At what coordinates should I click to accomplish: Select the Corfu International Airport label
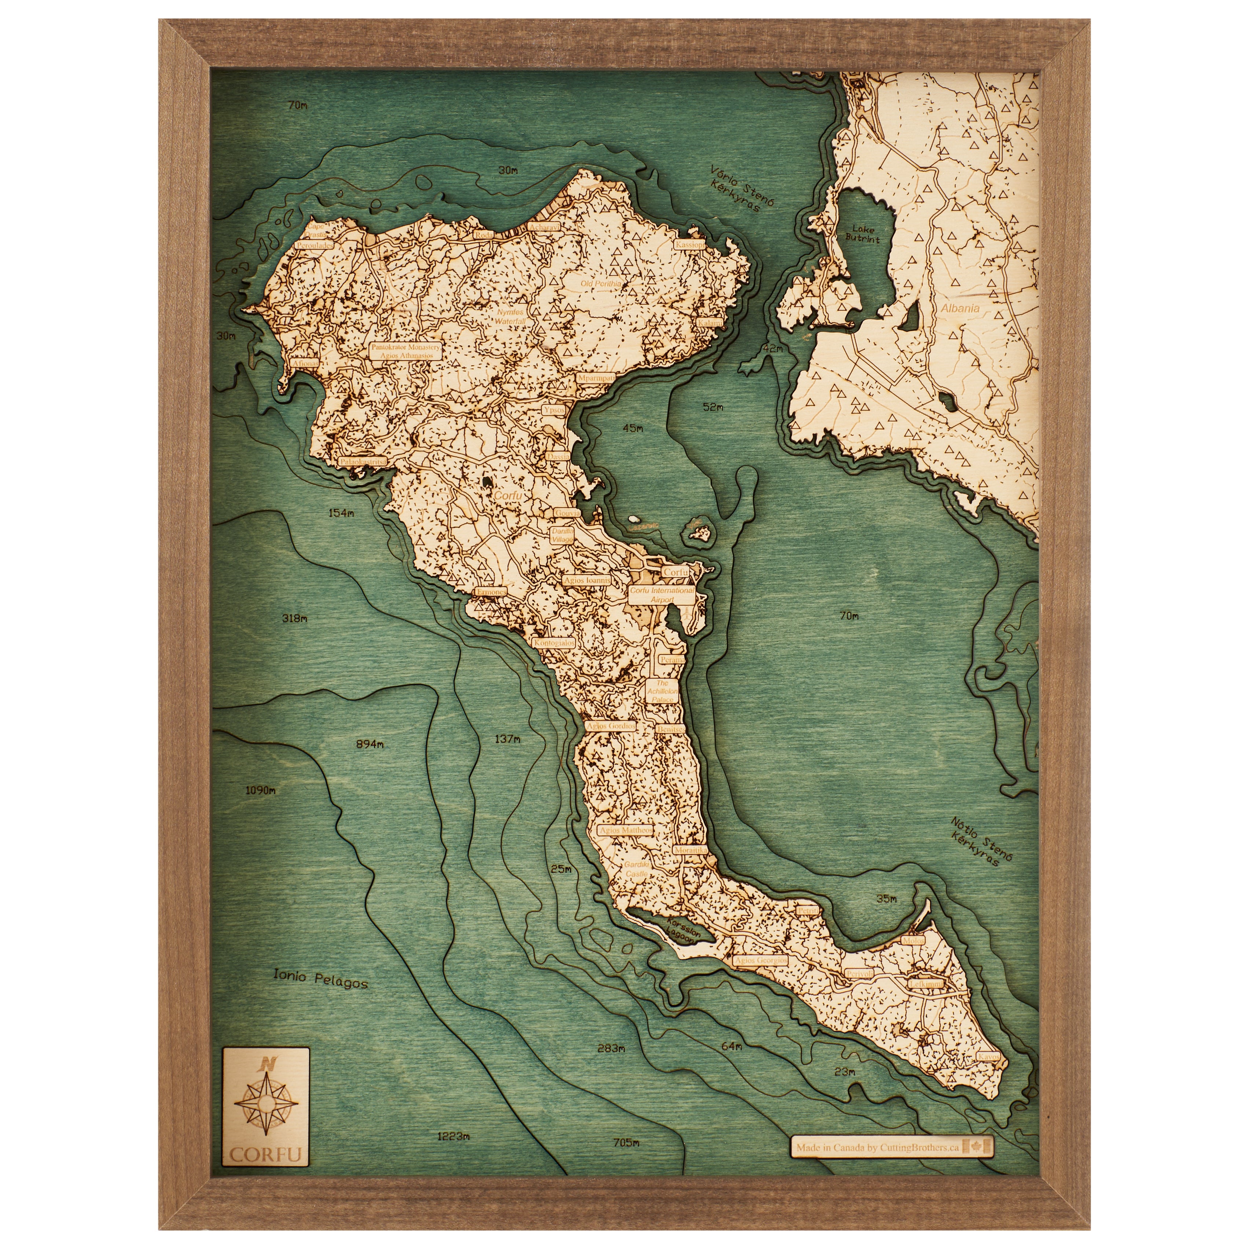point(662,595)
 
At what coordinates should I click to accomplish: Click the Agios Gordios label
point(610,726)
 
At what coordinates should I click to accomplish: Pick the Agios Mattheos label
point(625,830)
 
